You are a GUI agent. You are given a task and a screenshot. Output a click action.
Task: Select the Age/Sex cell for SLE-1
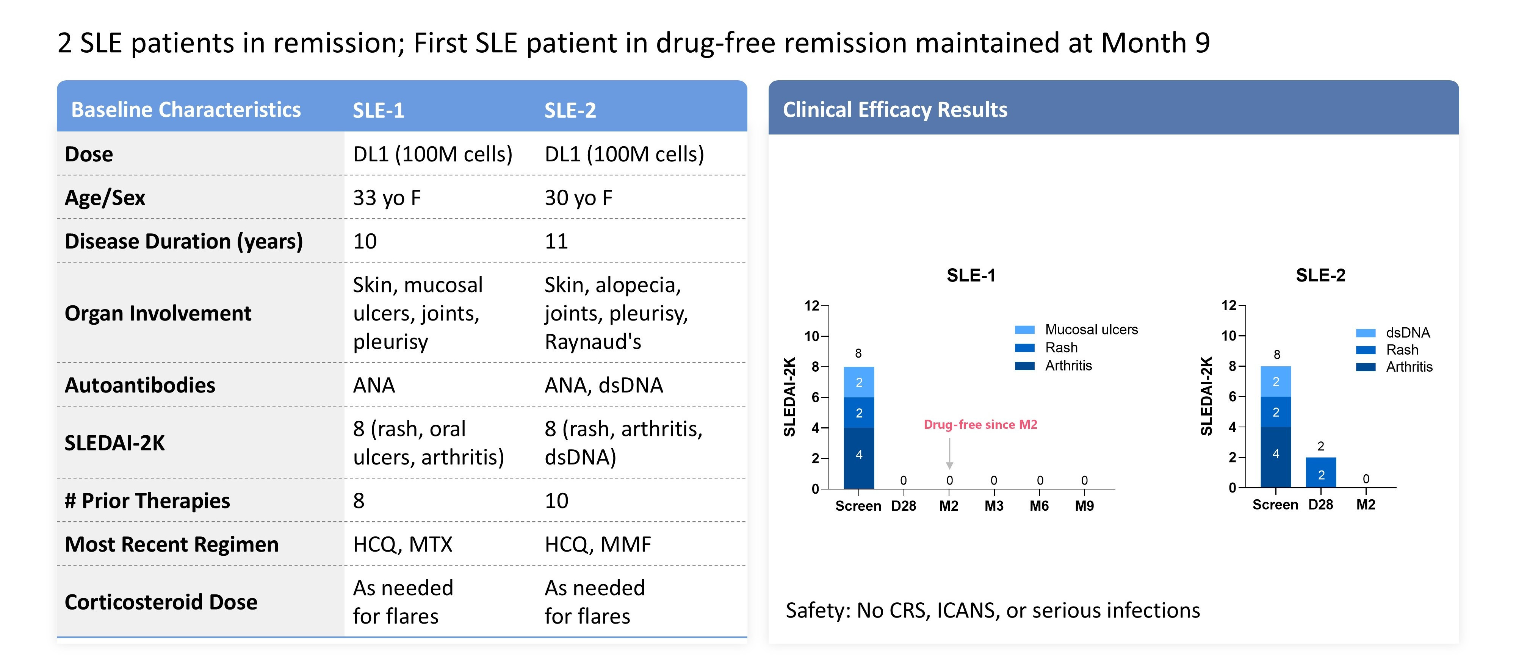click(387, 198)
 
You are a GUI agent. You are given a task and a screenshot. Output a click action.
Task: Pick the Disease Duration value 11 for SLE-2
click(556, 241)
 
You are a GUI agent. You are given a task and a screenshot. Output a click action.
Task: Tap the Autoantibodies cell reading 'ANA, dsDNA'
click(603, 385)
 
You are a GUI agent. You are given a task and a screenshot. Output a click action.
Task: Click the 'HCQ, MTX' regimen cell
click(402, 545)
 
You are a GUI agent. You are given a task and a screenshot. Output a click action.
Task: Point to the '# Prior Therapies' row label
click(147, 501)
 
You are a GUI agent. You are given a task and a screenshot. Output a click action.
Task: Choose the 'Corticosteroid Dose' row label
click(161, 602)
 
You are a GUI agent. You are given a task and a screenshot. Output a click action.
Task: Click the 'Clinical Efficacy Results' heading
click(894, 110)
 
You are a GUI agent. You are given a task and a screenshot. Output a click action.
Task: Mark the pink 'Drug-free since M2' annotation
click(980, 425)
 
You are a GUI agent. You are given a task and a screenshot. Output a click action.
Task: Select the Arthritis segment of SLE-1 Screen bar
click(859, 457)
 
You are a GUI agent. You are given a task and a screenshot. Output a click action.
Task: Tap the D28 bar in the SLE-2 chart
click(1320, 472)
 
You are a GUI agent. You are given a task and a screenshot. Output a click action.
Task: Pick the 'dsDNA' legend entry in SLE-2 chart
click(1407, 333)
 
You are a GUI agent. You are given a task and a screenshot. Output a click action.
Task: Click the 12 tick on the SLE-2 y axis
click(1228, 305)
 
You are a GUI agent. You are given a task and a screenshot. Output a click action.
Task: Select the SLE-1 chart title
click(971, 275)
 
